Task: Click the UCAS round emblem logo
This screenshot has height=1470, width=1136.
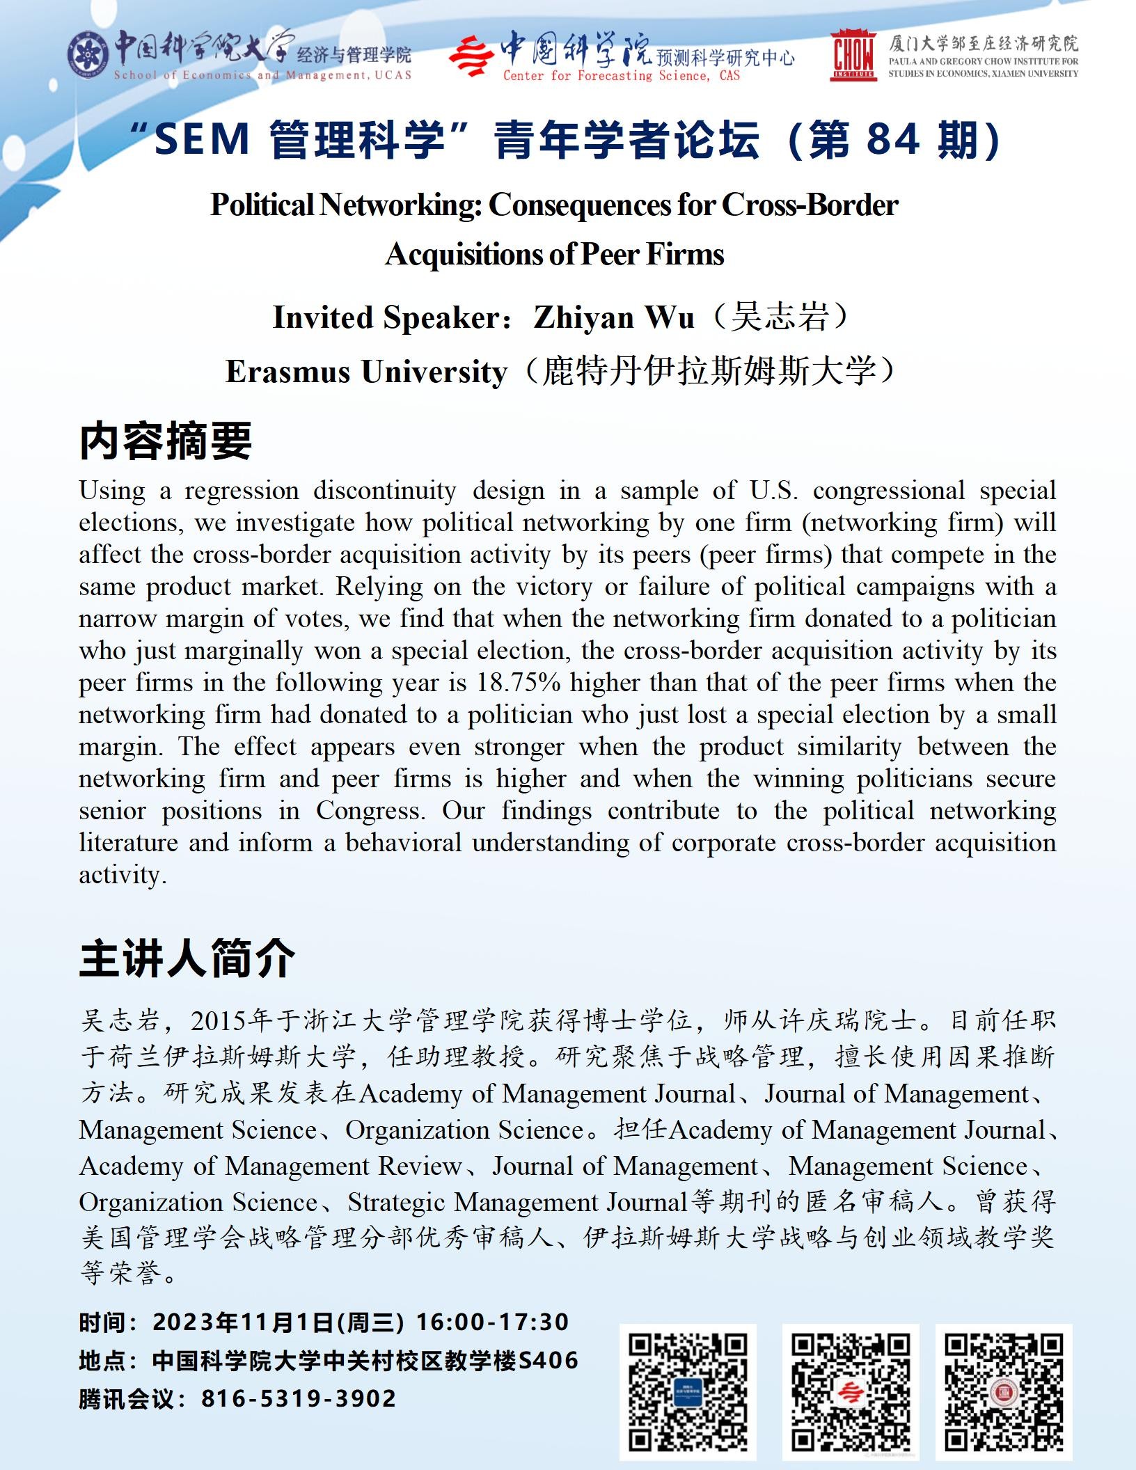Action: (89, 55)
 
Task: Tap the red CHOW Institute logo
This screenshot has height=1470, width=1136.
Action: (853, 56)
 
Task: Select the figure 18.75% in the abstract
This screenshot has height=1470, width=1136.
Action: (518, 683)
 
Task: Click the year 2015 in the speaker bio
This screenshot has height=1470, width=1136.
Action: (219, 1021)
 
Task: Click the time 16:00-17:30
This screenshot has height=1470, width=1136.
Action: (492, 1322)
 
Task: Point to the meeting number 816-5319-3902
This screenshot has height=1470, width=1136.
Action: (299, 1398)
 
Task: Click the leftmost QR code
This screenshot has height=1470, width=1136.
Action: (688, 1391)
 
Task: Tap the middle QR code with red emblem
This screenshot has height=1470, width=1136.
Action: (851, 1391)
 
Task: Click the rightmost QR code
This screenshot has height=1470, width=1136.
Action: (1004, 1391)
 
